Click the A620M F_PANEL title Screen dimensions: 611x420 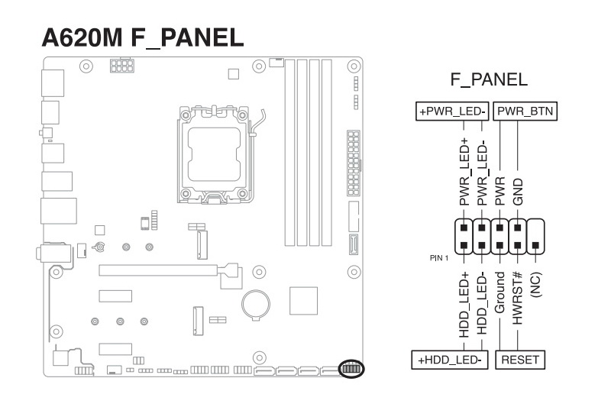click(x=143, y=37)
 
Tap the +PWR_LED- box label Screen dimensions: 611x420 click(x=452, y=111)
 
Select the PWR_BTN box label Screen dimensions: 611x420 click(x=525, y=111)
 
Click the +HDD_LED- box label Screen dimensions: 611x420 click(x=450, y=360)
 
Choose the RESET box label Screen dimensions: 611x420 click(x=520, y=360)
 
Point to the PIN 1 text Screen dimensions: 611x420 click(x=439, y=258)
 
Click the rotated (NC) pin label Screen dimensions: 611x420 click(x=536, y=285)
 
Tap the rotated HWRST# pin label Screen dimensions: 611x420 click(x=517, y=299)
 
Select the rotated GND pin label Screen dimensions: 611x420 click(x=518, y=192)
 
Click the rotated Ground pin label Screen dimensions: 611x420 click(x=499, y=292)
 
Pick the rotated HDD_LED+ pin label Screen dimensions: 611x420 click(x=464, y=305)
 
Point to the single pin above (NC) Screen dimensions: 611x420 click(x=535, y=245)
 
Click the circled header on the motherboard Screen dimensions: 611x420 click(x=351, y=369)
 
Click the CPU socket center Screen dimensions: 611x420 click(x=214, y=154)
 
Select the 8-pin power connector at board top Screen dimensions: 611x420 click(x=122, y=66)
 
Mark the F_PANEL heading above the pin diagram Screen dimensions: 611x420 click(x=489, y=79)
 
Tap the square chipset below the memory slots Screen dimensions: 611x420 click(x=303, y=301)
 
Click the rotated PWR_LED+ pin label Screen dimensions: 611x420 click(x=464, y=172)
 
